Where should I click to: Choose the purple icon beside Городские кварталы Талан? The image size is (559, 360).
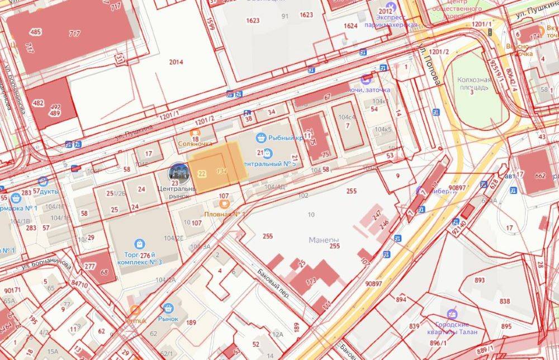click(x=452, y=315)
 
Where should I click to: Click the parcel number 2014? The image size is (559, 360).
click(x=176, y=62)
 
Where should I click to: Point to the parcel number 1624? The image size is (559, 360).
click(x=350, y=26)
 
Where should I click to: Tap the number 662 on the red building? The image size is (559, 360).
click(x=540, y=176)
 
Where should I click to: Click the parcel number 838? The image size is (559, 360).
click(x=505, y=301)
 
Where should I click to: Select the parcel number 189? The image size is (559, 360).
click(x=191, y=323)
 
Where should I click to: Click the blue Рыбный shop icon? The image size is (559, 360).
click(x=260, y=137)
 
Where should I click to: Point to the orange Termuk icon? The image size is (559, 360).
click(x=135, y=310)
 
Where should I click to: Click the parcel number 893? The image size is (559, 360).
click(x=480, y=280)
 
